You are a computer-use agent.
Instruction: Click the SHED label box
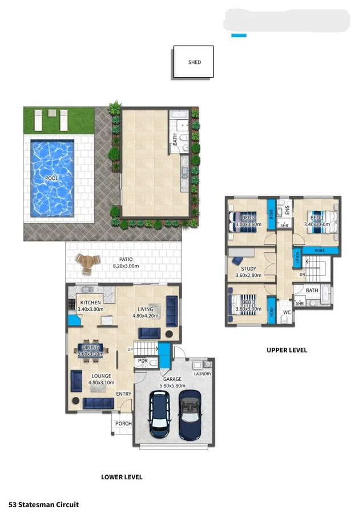(x=194, y=62)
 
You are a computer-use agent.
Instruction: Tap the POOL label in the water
(x=52, y=179)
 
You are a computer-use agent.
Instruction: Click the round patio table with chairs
(x=87, y=262)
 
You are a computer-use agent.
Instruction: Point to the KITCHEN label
(x=90, y=303)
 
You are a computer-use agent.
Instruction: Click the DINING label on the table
(x=91, y=347)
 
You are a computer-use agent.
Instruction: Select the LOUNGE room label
(x=101, y=376)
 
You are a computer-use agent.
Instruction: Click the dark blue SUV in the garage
(x=159, y=415)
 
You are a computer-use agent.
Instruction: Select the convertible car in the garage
(x=190, y=415)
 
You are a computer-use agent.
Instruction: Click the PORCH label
(x=123, y=424)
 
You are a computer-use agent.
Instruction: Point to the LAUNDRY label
(x=202, y=374)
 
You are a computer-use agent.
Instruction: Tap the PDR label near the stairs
(x=143, y=362)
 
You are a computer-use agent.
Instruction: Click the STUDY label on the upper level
(x=248, y=269)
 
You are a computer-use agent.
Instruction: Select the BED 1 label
(x=317, y=218)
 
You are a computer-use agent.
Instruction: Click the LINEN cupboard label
(x=297, y=258)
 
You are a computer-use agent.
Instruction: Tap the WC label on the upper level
(x=287, y=312)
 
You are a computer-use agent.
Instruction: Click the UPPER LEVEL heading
(x=287, y=350)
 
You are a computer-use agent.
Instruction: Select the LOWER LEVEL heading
(x=122, y=477)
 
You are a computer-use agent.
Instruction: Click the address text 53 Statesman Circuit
(x=43, y=504)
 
